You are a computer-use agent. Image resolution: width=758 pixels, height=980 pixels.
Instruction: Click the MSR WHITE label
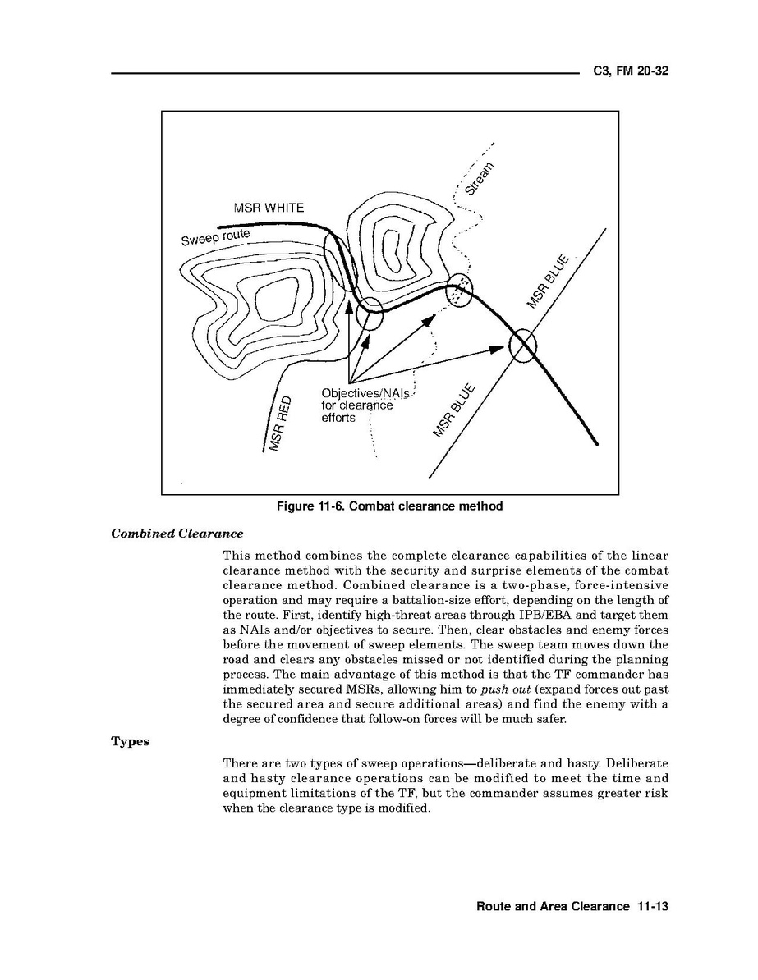point(269,208)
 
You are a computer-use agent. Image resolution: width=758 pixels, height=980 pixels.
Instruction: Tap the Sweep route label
point(215,236)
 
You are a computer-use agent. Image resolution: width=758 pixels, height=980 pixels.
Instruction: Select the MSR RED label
point(278,423)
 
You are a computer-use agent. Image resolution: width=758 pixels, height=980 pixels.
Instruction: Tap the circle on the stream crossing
point(459,293)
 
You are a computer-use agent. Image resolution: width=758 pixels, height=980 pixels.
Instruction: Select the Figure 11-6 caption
point(389,506)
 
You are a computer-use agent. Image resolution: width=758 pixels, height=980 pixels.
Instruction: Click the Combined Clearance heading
point(177,534)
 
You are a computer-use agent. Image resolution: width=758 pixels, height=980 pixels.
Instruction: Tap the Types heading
point(130,741)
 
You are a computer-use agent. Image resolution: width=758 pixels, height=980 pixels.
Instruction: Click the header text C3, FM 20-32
point(630,71)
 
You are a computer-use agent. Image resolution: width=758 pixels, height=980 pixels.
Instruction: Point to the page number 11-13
point(653,906)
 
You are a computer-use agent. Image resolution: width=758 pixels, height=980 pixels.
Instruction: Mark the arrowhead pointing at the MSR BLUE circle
point(495,350)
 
